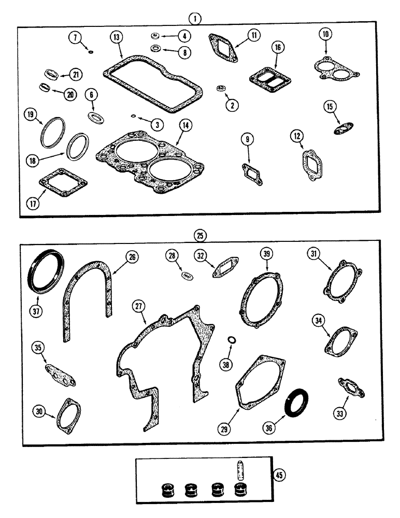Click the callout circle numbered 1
[195, 19]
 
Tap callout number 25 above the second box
[201, 236]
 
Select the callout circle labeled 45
[280, 474]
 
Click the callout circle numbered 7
[76, 38]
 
